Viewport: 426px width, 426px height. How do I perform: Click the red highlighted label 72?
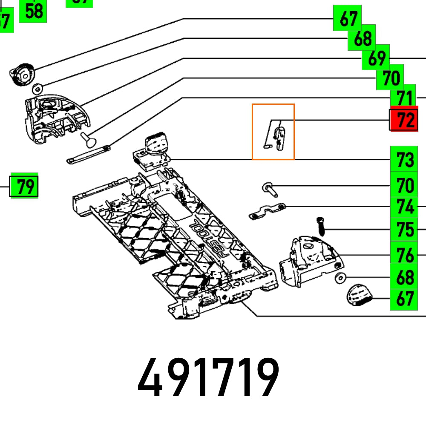point(404,121)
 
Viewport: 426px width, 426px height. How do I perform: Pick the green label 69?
point(376,59)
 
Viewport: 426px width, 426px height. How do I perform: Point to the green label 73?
point(404,160)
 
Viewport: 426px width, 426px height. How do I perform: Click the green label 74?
point(404,207)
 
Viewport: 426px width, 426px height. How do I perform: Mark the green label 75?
point(404,230)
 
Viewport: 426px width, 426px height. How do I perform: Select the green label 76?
point(404,256)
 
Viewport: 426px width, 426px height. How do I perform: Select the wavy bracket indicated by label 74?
point(267,212)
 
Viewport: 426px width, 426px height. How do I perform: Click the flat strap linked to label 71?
point(89,154)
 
